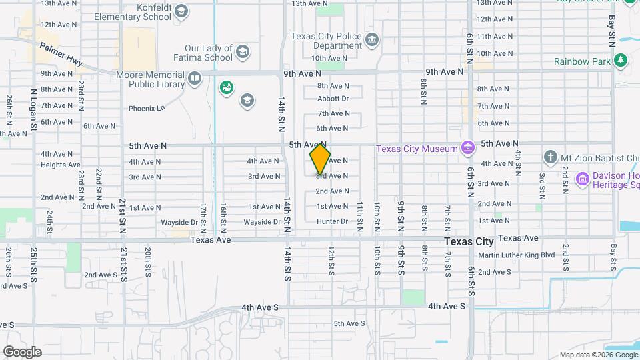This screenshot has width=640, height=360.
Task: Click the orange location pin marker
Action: (320, 159)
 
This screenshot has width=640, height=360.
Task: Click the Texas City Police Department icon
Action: (372, 41)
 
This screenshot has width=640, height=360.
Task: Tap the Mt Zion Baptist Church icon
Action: (550, 158)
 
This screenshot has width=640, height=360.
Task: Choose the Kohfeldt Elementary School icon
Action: (181, 11)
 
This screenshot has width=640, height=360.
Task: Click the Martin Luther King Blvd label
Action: (516, 255)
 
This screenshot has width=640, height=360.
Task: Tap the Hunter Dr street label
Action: (332, 221)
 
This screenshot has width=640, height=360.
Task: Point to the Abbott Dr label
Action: (333, 99)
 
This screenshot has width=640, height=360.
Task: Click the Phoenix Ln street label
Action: (146, 108)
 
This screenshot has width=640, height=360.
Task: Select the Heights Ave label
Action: (60, 165)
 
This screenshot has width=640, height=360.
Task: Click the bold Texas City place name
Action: (469, 241)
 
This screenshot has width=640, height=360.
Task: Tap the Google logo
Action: (22, 351)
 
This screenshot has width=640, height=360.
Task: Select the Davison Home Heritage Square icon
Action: (582, 179)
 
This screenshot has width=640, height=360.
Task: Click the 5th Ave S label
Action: (350, 323)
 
